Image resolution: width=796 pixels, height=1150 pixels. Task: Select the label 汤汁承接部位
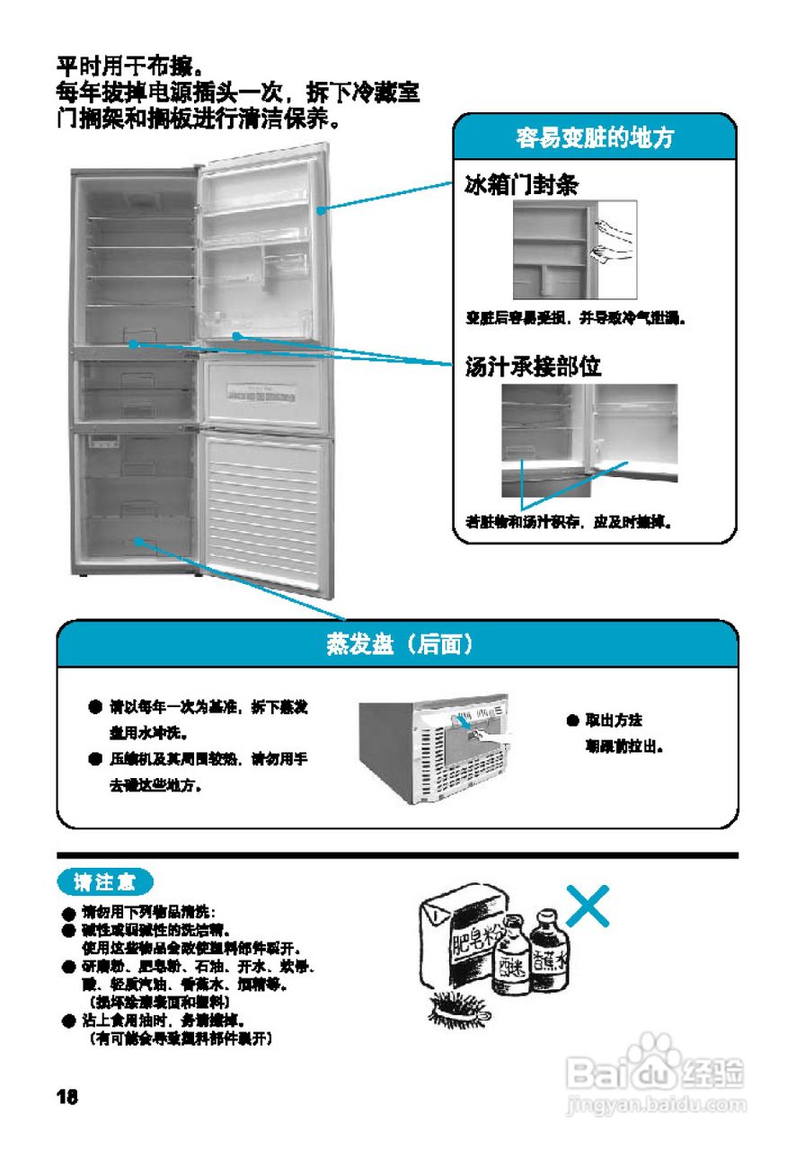coord(533,367)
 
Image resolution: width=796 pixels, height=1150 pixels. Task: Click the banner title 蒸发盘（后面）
coord(399,645)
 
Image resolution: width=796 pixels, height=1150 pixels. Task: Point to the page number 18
coord(67,1097)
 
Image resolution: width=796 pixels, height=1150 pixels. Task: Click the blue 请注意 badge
coord(105,882)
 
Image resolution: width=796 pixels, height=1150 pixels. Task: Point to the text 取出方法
coord(614,721)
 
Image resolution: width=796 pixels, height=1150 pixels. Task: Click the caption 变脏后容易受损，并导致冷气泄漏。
coord(576,319)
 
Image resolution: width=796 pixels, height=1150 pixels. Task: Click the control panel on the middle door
coord(261,392)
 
